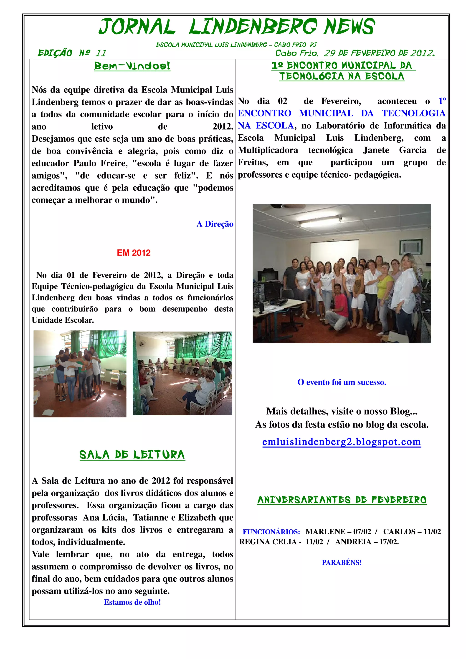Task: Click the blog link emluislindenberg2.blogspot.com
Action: tap(341, 442)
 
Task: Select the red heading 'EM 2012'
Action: tap(134, 253)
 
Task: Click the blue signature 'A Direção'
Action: tap(215, 224)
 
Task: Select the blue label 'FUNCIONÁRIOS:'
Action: tap(271, 532)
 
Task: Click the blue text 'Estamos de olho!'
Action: tap(132, 602)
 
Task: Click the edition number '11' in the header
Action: tap(101, 53)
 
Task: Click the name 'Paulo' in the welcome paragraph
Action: tap(86, 163)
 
